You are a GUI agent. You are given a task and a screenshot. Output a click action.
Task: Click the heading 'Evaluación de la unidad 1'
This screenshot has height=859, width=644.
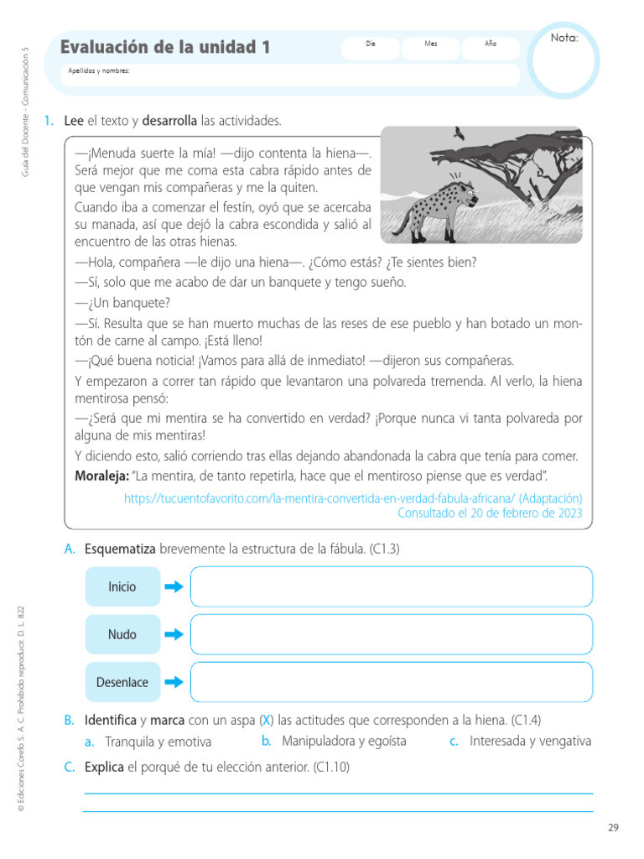click(165, 48)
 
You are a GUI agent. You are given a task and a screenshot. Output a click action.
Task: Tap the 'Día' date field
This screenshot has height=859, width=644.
click(370, 49)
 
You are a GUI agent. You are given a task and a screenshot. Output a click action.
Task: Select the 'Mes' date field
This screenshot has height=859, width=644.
click(430, 49)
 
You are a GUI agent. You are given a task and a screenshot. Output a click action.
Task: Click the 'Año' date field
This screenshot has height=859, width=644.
click(491, 49)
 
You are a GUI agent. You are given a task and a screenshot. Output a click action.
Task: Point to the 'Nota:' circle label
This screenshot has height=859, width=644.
click(563, 39)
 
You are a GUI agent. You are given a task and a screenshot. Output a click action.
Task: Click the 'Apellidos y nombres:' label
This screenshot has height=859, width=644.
click(99, 71)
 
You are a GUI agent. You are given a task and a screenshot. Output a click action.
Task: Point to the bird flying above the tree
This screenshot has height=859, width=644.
click(459, 133)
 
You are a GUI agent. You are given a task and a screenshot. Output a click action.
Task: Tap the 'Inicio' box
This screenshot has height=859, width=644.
click(122, 586)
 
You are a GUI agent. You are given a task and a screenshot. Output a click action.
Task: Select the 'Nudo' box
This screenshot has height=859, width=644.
click(122, 634)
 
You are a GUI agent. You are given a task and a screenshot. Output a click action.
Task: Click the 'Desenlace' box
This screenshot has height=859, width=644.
click(122, 682)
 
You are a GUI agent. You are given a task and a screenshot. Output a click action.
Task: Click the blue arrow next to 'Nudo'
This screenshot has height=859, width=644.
click(174, 634)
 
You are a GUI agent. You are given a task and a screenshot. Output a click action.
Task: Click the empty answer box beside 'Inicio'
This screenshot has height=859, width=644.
click(391, 586)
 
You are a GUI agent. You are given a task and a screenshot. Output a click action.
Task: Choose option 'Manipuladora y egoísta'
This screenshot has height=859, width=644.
click(344, 741)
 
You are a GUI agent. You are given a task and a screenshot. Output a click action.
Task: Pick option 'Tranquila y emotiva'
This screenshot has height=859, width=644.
click(158, 742)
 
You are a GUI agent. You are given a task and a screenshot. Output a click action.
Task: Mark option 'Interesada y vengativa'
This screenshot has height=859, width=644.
click(530, 741)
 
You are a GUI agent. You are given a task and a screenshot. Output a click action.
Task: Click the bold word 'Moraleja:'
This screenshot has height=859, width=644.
click(101, 476)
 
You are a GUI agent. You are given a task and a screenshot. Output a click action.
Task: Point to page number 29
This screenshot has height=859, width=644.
click(613, 828)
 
